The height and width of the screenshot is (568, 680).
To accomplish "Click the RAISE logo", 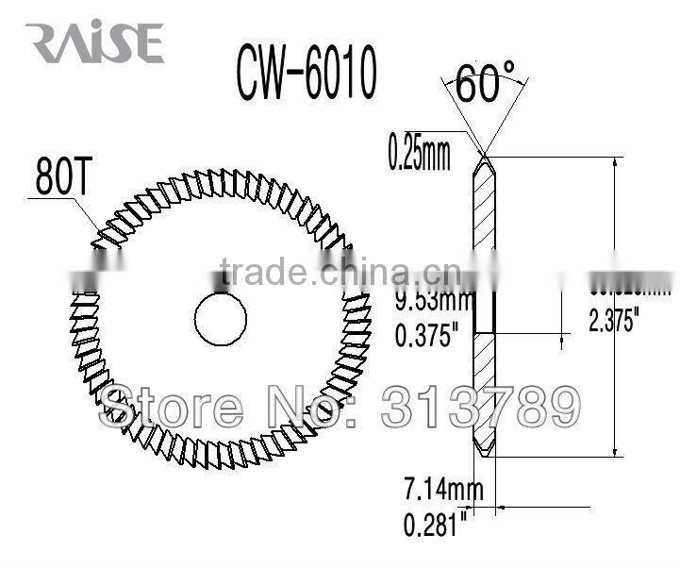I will coord(94,43).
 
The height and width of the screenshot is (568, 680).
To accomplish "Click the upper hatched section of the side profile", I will coord(483,226).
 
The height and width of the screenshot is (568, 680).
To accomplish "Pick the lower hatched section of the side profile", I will coord(483,387).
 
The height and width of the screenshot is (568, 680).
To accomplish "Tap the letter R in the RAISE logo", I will coord(42,43).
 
